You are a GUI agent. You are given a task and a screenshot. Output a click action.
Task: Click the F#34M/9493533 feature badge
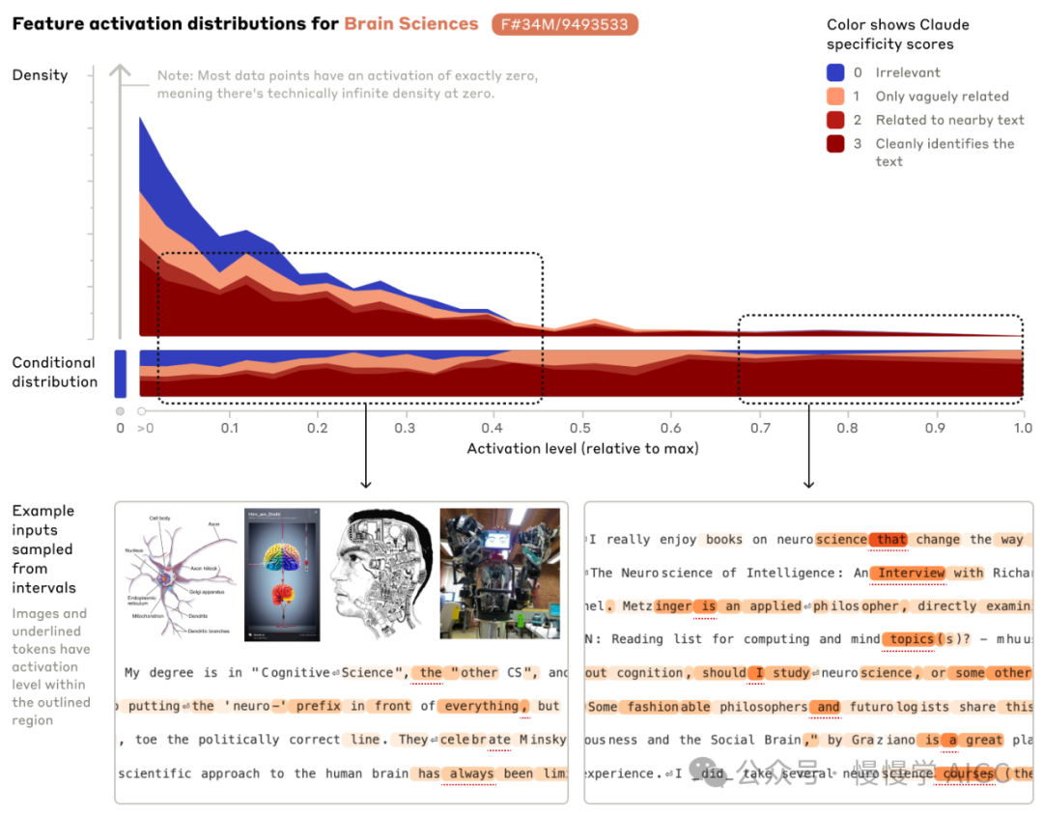(565, 24)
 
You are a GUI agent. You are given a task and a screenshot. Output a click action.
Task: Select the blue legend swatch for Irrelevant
(836, 72)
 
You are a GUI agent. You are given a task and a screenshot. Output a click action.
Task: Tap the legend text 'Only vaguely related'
(942, 97)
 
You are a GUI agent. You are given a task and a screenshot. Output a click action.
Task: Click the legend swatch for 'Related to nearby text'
(836, 120)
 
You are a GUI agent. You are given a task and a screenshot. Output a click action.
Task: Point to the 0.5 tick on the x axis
(580, 428)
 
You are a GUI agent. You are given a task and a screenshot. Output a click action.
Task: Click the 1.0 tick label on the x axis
(1022, 428)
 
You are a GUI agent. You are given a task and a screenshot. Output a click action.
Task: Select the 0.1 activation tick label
(229, 428)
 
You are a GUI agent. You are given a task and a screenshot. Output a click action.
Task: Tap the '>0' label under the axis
(145, 428)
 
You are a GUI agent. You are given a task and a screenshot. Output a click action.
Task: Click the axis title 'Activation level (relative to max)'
(582, 448)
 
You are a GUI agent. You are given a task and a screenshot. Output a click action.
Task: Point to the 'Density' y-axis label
(40, 75)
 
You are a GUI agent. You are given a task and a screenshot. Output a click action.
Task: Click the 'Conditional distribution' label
(54, 372)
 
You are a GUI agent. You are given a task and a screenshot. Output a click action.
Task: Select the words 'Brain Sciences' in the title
(411, 24)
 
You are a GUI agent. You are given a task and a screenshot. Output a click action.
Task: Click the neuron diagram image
(178, 575)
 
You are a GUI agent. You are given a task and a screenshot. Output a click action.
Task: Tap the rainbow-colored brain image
(281, 575)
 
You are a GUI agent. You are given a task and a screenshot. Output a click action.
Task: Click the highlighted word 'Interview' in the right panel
(911, 573)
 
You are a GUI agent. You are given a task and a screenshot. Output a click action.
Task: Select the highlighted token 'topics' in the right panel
(911, 639)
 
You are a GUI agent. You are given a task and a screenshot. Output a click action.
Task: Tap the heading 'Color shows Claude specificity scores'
(897, 35)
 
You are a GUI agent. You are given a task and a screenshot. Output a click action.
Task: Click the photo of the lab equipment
(499, 575)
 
